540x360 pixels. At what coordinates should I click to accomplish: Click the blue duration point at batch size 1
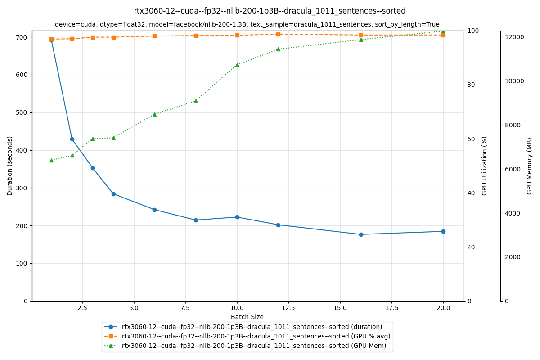point(51,40)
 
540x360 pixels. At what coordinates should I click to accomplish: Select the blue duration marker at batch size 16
point(361,234)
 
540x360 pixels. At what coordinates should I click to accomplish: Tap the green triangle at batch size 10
point(237,65)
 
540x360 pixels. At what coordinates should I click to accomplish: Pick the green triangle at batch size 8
point(196,101)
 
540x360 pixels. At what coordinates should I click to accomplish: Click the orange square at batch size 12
point(278,34)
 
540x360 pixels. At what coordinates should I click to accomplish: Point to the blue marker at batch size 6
point(154,210)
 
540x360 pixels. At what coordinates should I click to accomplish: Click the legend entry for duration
point(252,327)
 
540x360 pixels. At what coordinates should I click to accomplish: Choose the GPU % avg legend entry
point(256,336)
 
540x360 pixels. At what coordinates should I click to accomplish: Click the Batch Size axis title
point(247,317)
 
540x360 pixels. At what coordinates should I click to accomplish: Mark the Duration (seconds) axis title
point(10,166)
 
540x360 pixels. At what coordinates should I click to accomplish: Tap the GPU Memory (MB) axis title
point(530,166)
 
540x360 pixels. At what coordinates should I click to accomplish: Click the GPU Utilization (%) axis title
point(485,166)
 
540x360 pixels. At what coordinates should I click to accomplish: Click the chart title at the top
point(270,11)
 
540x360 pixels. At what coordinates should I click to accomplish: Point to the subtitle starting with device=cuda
point(247,25)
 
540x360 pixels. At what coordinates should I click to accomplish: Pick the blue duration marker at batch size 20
point(443,231)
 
